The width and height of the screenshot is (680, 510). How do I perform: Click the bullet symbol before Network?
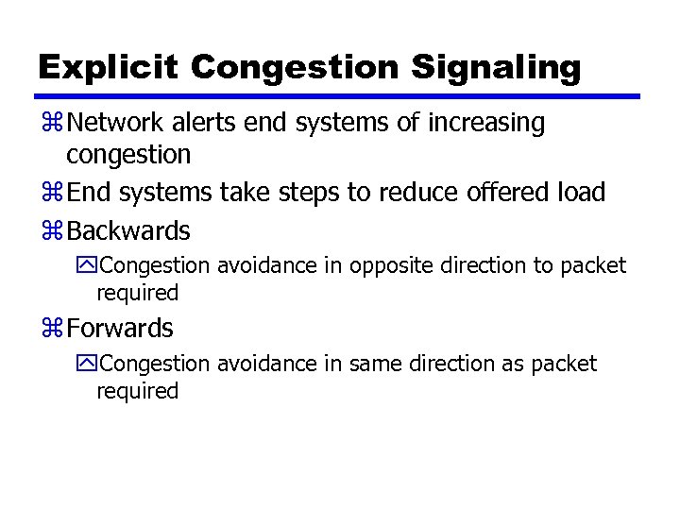(x=53, y=124)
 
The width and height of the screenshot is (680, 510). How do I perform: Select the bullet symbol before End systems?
(x=53, y=194)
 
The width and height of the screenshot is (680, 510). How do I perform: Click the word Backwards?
(x=129, y=230)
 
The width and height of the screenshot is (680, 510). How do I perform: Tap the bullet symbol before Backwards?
(x=53, y=231)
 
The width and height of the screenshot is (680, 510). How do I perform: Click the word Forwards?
(x=121, y=329)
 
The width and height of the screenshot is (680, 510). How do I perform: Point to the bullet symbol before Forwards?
(x=53, y=330)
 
